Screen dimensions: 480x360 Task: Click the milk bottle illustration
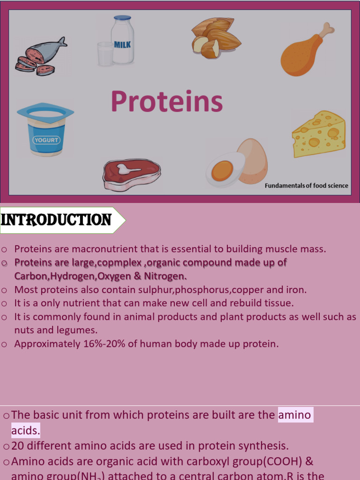pyautogui.click(x=122, y=41)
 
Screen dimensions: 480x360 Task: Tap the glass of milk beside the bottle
pyautogui.click(x=105, y=54)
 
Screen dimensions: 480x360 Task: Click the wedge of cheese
pyautogui.click(x=319, y=134)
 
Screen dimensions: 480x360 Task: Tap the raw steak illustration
pyautogui.click(x=132, y=174)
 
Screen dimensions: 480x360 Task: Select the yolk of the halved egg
pyautogui.click(x=222, y=171)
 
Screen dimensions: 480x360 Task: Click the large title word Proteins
pyautogui.click(x=166, y=102)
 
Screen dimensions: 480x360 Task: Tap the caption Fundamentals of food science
pyautogui.click(x=306, y=186)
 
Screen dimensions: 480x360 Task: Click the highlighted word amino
pyautogui.click(x=295, y=415)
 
